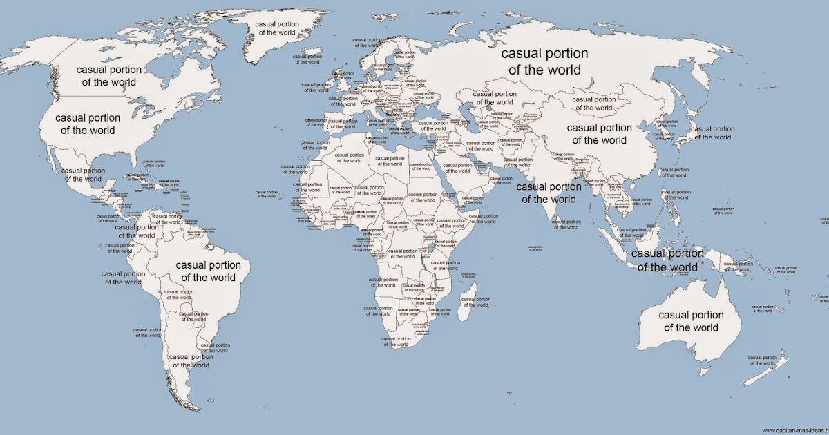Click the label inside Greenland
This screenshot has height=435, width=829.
point(277,28)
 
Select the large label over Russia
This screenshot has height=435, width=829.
point(544,61)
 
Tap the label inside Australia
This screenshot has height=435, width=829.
point(691,321)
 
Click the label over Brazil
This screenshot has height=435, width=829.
point(208,271)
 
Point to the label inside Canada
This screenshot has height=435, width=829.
point(108,76)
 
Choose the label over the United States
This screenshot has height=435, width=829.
point(88,124)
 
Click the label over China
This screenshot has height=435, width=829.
point(599,134)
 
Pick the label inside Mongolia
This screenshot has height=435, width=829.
point(594,104)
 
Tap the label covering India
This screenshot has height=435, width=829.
point(549,193)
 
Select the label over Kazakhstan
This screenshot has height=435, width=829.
point(494,97)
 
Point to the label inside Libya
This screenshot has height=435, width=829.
point(390,161)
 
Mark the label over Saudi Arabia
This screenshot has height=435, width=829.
point(457,169)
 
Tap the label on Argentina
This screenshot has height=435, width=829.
point(190,360)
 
